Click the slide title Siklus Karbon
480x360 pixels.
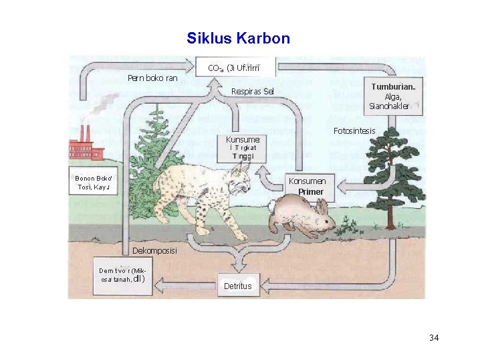[239, 38]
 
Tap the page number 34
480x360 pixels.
[434, 337]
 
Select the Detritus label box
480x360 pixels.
[238, 285]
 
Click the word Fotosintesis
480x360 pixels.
[354, 130]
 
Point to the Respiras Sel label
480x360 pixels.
[252, 91]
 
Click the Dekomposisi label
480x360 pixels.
[154, 251]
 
